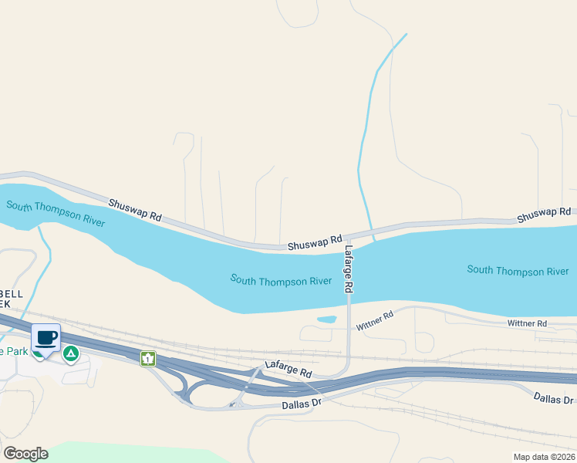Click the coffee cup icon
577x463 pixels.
pyautogui.click(x=46, y=338)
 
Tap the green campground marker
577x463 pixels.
pyautogui.click(x=70, y=354)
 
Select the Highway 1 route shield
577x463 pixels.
pyautogui.click(x=147, y=358)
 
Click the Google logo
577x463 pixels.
pyautogui.click(x=25, y=453)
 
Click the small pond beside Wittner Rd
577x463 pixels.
pyautogui.click(x=327, y=319)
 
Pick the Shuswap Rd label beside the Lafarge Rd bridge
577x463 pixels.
pyautogui.click(x=315, y=243)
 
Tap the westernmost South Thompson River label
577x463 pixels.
pyautogui.click(x=54, y=212)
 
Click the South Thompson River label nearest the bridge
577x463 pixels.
pyautogui.click(x=281, y=279)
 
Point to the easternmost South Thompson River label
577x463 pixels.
pyautogui.click(x=518, y=270)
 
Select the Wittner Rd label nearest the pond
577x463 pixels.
pyautogui.click(x=375, y=320)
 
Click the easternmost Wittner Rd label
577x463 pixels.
pyautogui.click(x=527, y=323)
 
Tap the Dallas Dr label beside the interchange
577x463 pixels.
pyautogui.click(x=301, y=404)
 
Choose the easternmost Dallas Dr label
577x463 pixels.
pyautogui.click(x=554, y=398)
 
